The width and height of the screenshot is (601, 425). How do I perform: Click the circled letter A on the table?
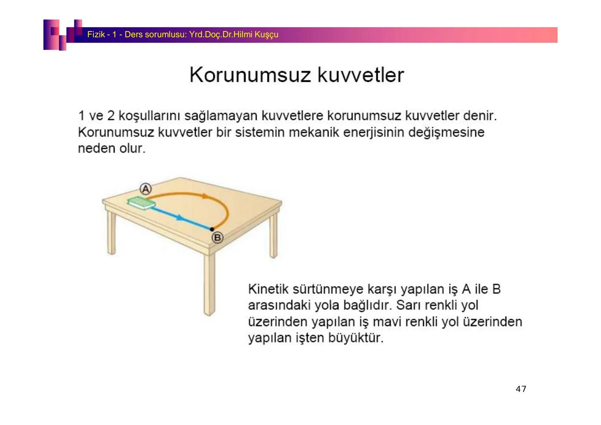tap(146, 188)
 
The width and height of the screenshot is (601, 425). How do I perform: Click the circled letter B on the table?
tap(217, 238)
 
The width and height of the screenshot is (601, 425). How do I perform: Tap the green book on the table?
tap(141, 203)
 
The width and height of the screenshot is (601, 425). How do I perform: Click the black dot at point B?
tap(212, 229)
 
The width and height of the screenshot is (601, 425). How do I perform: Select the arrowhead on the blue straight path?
tap(180, 217)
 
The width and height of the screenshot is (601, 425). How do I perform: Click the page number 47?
tap(521, 389)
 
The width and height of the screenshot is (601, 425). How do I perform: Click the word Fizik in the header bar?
tap(96, 35)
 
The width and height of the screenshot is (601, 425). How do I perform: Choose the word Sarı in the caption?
tap(407, 305)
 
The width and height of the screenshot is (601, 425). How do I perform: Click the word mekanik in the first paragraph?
tap(314, 132)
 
